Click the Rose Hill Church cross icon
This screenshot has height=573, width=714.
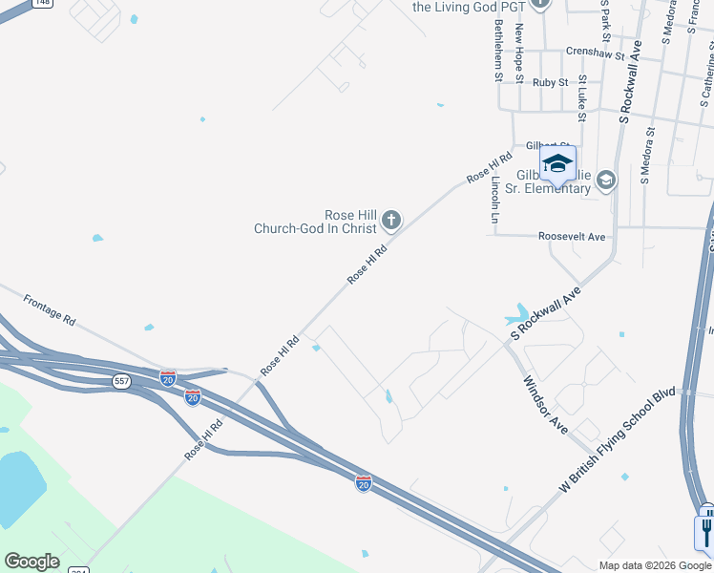390,222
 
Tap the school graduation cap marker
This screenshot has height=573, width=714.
557,163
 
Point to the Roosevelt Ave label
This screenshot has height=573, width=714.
572,236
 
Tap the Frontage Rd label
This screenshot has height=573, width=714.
49,309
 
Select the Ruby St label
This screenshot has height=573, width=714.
550,83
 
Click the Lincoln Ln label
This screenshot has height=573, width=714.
495,200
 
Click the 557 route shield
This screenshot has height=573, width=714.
121,381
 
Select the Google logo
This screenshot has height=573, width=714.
31,562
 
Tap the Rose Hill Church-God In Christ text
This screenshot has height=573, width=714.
315,222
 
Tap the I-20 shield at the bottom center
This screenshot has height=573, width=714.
363,483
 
